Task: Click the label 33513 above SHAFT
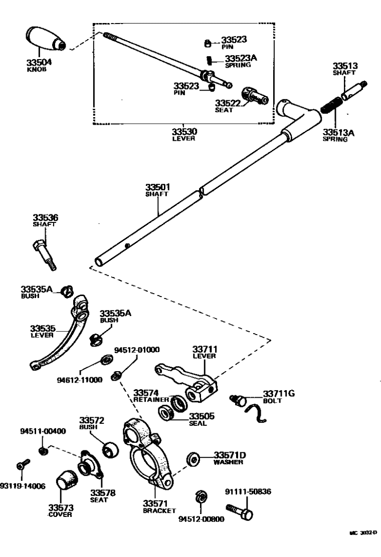click(345, 66)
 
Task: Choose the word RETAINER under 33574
click(151, 400)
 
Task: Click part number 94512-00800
click(201, 519)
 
